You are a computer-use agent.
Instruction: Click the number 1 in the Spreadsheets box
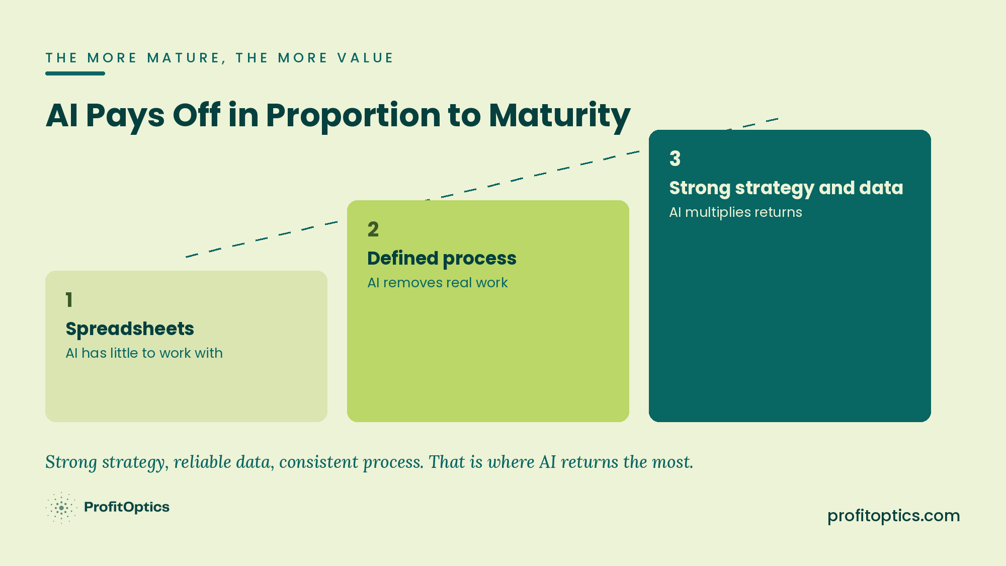tap(69, 300)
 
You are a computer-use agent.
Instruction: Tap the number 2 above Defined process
tap(373, 229)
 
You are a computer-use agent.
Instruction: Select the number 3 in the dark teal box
tap(675, 159)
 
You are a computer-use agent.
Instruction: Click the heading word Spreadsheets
tap(130, 329)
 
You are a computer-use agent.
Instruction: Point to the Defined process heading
tap(442, 259)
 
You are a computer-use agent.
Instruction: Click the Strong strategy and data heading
tap(786, 188)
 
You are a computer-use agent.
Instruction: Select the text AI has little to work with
tap(144, 353)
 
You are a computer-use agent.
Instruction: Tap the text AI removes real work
tap(438, 283)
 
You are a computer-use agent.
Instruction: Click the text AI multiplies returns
tap(735, 212)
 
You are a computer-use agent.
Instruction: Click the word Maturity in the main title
tap(559, 116)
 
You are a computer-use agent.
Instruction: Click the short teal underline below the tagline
tap(75, 73)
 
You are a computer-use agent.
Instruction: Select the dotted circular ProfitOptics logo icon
tap(61, 508)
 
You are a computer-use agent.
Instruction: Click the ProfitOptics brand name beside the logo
tap(127, 507)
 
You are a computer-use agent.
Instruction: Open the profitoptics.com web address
tap(894, 516)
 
